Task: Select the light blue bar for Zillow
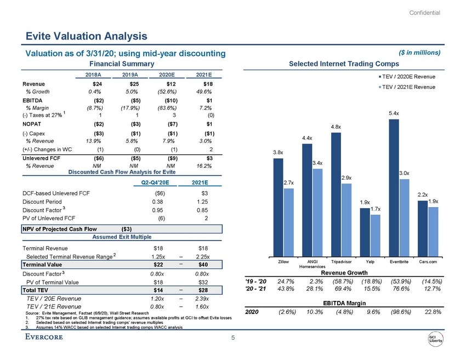(288, 221)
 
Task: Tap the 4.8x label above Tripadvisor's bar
(335, 127)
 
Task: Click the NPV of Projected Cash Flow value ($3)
(126, 228)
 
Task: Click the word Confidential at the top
(425, 12)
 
